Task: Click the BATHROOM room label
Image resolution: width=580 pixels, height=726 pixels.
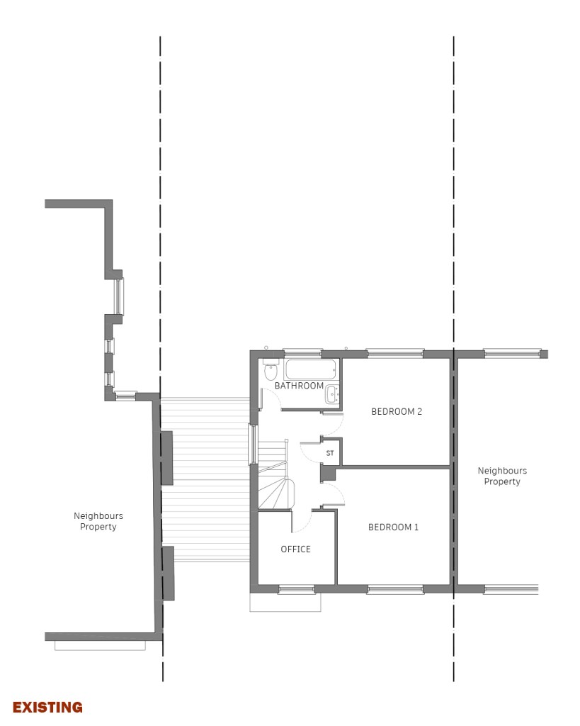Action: (299, 386)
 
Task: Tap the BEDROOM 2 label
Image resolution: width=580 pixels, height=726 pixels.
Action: (397, 412)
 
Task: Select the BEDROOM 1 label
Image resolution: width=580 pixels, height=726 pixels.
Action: (393, 527)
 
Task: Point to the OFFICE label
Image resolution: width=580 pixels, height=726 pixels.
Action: (295, 549)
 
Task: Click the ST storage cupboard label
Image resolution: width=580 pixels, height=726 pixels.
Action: (330, 453)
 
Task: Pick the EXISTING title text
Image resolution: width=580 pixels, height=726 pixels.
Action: (47, 708)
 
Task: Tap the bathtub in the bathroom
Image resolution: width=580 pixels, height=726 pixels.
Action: (310, 369)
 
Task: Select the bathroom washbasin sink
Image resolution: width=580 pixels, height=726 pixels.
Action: (332, 395)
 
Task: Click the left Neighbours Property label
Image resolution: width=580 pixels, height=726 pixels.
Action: (98, 521)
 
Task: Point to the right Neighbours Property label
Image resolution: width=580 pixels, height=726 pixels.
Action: (502, 476)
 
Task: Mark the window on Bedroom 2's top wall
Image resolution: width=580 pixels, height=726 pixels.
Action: (395, 354)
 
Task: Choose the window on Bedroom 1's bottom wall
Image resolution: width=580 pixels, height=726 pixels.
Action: (395, 589)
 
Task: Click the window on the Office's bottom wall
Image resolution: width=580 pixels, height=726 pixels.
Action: (297, 589)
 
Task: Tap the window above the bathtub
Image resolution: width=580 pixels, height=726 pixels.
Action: (302, 353)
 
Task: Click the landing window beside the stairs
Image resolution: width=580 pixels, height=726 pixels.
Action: (253, 445)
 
